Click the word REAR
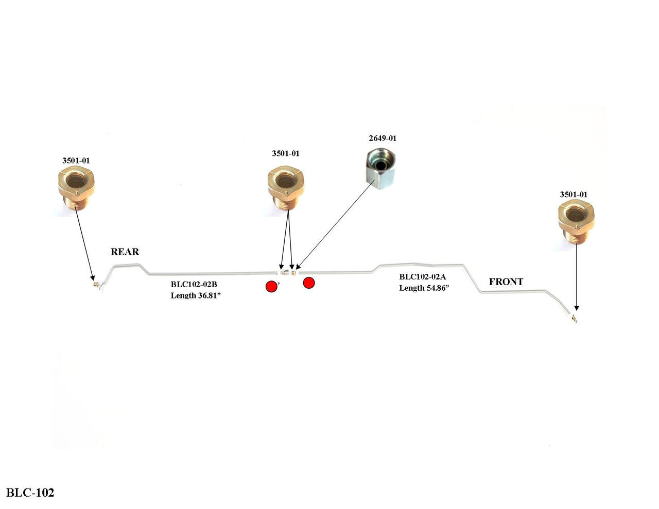tap(125, 252)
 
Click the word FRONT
tap(506, 282)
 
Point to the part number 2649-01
tap(383, 138)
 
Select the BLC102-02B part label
tap(194, 284)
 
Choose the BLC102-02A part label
tap(423, 277)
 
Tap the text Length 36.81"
tap(196, 295)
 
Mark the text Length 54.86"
tap(424, 288)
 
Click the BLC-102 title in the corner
tap(30, 493)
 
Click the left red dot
tap(271, 287)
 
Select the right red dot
tap(308, 283)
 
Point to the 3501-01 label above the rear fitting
tap(76, 161)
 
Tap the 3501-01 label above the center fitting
tap(286, 153)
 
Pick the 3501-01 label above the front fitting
tap(574, 195)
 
